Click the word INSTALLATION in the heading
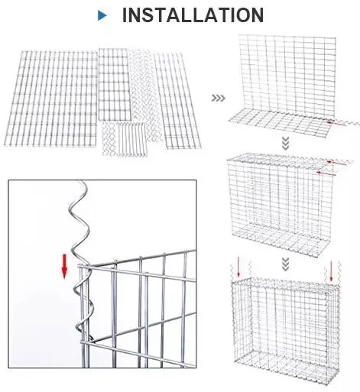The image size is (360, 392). (x=193, y=15)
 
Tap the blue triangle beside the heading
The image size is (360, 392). (x=102, y=16)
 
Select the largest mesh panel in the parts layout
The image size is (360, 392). (x=52, y=99)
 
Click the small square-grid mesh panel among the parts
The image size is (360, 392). (x=115, y=85)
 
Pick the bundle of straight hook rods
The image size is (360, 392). (x=131, y=139)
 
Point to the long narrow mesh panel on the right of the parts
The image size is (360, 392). (x=177, y=101)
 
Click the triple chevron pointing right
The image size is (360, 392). (x=219, y=98)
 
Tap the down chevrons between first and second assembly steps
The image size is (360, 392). (x=286, y=144)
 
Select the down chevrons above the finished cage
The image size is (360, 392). (x=286, y=264)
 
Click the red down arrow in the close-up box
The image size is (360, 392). (x=64, y=267)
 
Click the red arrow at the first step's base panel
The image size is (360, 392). (x=336, y=124)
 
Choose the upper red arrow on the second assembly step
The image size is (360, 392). (x=337, y=163)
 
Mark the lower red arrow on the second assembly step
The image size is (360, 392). (x=326, y=173)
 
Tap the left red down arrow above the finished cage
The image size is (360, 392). (x=238, y=267)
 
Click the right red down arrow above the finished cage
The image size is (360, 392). (x=331, y=271)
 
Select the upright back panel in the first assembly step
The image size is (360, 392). (x=287, y=75)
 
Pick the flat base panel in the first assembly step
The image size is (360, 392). (x=280, y=124)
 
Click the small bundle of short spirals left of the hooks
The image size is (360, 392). (x=109, y=138)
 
